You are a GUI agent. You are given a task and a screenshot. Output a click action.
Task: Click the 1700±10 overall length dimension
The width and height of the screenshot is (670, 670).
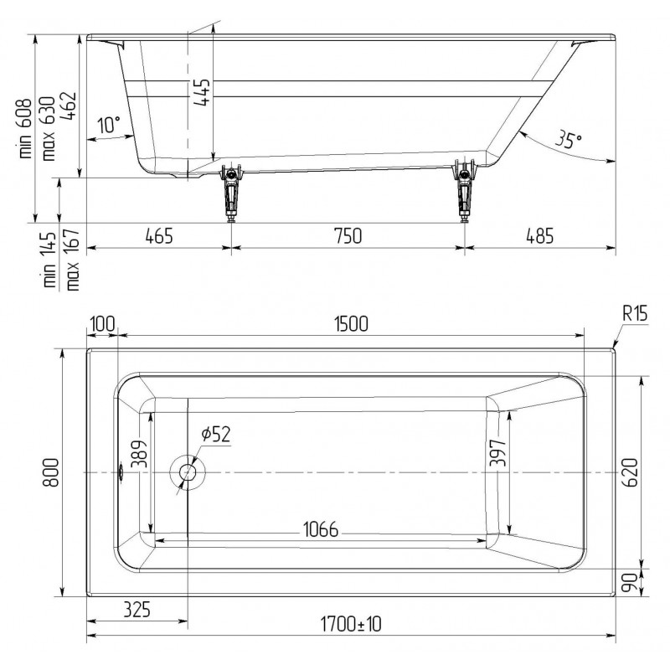point(351,624)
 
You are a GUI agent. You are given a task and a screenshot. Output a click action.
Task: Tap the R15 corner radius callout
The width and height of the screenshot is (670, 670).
point(635,313)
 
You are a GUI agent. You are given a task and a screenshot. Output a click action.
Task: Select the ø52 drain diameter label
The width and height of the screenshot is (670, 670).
point(216,434)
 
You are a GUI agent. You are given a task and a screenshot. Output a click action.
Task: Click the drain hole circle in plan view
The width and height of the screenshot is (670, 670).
point(188,472)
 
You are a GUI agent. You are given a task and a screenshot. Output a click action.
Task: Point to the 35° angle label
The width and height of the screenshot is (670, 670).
point(569,139)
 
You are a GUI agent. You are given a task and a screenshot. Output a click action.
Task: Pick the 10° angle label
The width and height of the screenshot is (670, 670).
point(110,124)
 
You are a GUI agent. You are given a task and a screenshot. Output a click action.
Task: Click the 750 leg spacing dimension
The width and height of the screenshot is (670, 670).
point(348,236)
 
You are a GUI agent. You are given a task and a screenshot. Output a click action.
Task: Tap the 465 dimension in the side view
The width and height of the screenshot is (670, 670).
point(159,236)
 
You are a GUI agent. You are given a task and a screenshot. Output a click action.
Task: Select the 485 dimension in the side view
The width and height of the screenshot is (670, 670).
point(539,236)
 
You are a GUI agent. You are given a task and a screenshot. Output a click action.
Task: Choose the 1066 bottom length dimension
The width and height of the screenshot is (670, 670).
point(321,529)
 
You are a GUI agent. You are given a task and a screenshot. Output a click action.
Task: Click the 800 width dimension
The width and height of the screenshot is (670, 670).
point(51,472)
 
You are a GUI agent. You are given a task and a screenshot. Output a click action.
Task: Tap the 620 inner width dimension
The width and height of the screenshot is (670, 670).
point(630,472)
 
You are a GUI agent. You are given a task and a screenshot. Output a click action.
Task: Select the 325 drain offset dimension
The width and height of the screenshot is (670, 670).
point(137,610)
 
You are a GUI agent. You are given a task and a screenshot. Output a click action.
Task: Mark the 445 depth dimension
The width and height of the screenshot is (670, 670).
point(201,92)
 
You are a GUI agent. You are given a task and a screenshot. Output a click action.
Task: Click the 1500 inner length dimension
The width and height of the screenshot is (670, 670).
point(351,324)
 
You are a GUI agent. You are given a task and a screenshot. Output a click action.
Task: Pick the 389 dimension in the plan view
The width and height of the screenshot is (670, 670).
point(141,453)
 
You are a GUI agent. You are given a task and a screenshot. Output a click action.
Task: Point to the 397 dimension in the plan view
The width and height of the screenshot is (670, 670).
point(497,453)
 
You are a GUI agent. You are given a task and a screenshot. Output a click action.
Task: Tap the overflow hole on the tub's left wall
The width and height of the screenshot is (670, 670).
point(121,472)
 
